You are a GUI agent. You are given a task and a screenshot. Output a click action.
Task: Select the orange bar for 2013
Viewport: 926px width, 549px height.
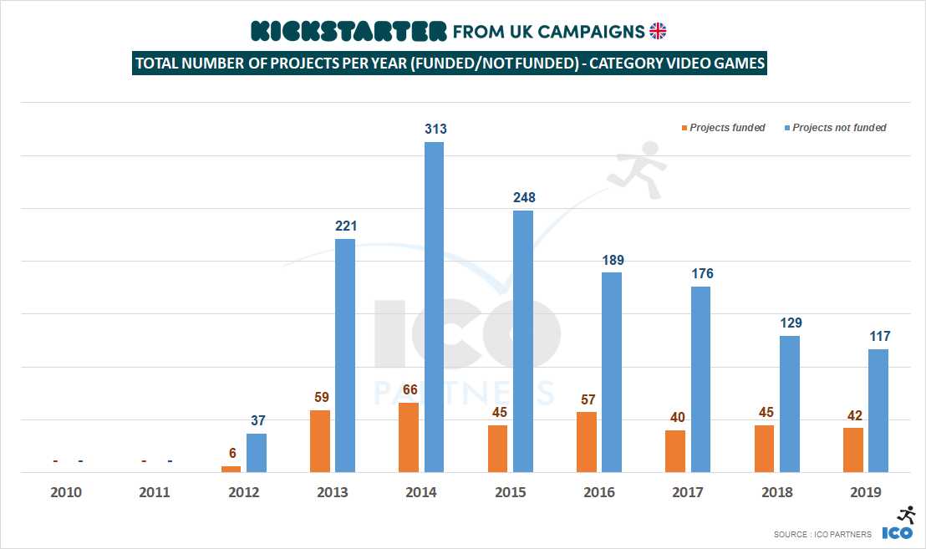[320, 441]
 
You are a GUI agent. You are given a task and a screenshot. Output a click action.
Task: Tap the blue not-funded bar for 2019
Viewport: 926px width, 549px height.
[878, 410]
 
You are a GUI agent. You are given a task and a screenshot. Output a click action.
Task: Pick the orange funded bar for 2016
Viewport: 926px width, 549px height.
[587, 442]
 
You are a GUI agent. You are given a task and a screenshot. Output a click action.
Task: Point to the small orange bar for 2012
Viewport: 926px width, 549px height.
[231, 469]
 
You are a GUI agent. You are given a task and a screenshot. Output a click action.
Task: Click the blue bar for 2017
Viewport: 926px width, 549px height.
[700, 379]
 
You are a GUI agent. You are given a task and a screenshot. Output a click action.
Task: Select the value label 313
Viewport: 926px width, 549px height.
[435, 129]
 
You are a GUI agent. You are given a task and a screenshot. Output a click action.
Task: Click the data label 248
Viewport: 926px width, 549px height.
[524, 198]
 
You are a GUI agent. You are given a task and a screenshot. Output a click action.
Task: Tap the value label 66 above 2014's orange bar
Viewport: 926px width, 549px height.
[408, 390]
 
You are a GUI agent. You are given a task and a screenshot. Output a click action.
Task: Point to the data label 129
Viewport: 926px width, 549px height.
[790, 323]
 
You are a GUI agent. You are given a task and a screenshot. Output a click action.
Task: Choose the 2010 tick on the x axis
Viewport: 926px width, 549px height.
[66, 492]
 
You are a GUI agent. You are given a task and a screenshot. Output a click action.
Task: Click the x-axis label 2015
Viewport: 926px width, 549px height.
[510, 492]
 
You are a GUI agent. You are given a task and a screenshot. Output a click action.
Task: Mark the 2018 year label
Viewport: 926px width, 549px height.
[776, 492]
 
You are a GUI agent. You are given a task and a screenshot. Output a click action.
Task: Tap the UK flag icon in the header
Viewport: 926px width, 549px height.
[659, 31]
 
